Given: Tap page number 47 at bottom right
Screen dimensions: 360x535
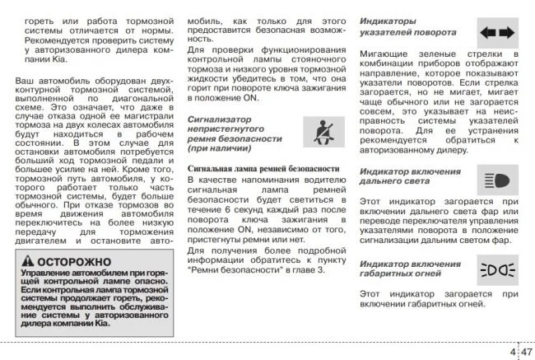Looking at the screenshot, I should click(526, 352).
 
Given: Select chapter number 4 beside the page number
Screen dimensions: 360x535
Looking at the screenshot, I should click(513, 352).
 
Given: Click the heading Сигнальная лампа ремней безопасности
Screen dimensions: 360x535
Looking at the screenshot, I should click(263, 169).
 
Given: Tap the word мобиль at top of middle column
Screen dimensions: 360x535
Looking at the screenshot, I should click(202, 19).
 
